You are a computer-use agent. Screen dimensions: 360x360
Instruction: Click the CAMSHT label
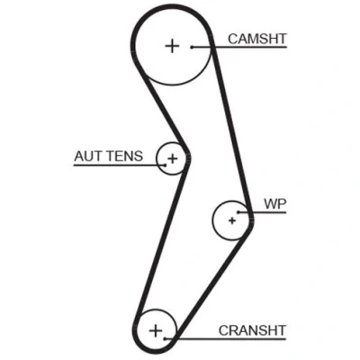(x=257, y=39)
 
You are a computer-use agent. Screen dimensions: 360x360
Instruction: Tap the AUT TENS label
(x=109, y=157)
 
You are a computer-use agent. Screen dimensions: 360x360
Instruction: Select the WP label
(x=275, y=204)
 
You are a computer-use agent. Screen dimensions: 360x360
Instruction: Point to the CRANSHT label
(x=252, y=330)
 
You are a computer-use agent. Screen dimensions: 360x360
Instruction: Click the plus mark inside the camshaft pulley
(x=172, y=46)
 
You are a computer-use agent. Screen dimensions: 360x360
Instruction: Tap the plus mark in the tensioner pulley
(x=172, y=158)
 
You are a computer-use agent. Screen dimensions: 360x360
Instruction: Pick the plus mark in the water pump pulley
(x=232, y=220)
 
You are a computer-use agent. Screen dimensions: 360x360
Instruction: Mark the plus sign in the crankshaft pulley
(x=156, y=331)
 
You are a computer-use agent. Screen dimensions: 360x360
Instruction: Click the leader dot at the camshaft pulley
(x=192, y=47)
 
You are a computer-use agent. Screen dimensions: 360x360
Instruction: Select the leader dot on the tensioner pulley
(x=165, y=165)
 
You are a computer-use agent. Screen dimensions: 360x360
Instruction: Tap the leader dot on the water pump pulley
(x=238, y=212)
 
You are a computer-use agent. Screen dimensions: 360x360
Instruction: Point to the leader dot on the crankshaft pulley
(x=165, y=339)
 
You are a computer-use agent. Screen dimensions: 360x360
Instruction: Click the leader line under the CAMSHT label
(x=239, y=47)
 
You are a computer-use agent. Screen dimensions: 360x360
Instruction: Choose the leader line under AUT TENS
(x=119, y=165)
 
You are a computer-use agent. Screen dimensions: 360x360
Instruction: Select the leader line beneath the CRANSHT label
(x=225, y=339)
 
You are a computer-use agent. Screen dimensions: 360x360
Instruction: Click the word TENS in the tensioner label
(x=125, y=157)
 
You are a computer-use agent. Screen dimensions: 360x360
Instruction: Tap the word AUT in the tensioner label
(x=89, y=157)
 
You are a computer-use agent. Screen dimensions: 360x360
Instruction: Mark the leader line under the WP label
(x=262, y=212)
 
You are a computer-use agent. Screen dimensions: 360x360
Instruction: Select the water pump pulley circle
(x=212, y=220)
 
